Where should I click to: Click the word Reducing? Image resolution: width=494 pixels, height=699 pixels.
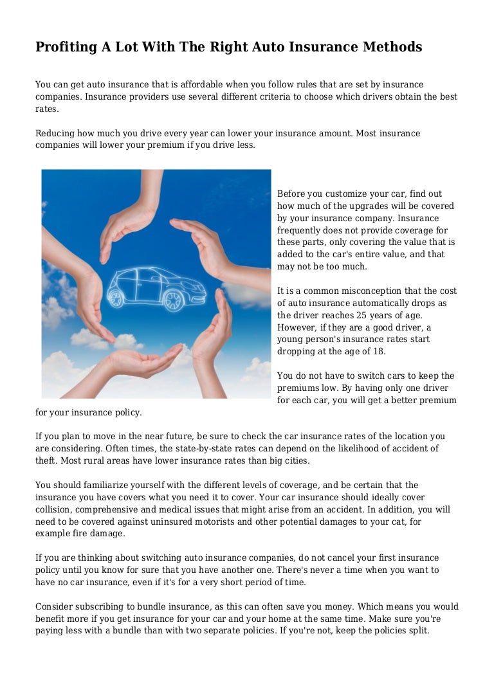pyautogui.click(x=55, y=134)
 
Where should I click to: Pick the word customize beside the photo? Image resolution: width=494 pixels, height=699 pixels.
pyautogui.click(x=348, y=194)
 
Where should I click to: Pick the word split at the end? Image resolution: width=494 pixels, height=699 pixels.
pyautogui.click(x=417, y=631)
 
